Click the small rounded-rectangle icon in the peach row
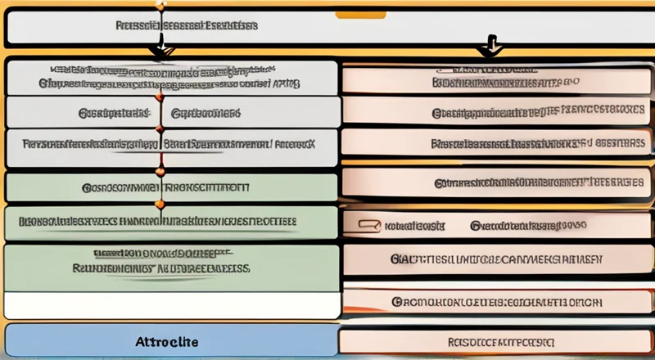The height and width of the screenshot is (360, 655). click(x=370, y=223)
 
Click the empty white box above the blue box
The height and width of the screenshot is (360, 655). click(x=172, y=306)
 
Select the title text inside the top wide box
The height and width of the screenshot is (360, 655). click(x=187, y=26)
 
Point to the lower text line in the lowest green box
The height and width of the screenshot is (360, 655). click(x=160, y=268)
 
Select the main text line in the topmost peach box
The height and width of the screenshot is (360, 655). click(x=505, y=83)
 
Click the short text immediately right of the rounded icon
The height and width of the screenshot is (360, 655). click(x=414, y=223)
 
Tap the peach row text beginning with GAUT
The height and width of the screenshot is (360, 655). click(x=496, y=259)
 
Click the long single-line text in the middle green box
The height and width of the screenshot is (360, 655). click(x=157, y=221)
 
